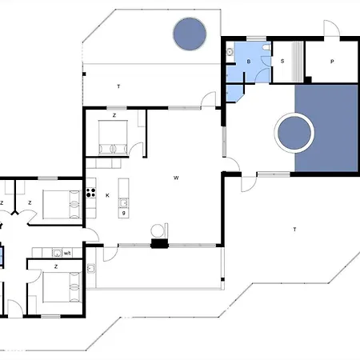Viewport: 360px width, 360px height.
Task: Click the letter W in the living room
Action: [x=175, y=178]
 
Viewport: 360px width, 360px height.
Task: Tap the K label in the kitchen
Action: [x=107, y=194]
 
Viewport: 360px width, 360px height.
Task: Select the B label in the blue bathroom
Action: [x=249, y=62]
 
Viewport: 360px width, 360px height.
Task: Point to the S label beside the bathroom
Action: [x=282, y=62]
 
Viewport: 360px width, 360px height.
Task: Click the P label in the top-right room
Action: [x=331, y=62]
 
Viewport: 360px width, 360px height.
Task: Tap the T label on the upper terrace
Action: [x=118, y=86]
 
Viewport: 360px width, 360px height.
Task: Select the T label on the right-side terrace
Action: [x=294, y=230]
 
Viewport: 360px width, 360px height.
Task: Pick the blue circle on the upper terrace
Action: [x=190, y=33]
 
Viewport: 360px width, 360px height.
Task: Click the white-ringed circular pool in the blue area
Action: [x=294, y=133]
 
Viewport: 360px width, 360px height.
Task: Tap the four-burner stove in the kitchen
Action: [x=90, y=192]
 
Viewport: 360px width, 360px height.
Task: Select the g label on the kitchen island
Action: [x=124, y=213]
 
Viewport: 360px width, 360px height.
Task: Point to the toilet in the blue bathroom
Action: [x=230, y=53]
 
